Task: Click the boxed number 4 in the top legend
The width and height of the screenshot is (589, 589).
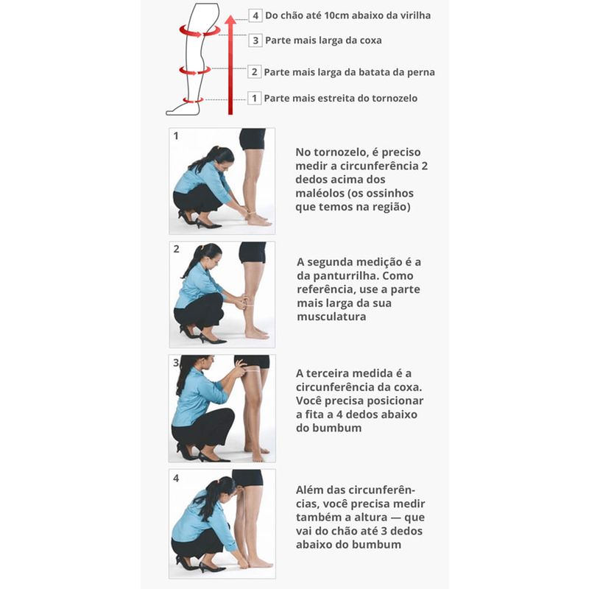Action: coord(255,15)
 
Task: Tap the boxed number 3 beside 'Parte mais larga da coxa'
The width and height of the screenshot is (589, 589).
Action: coord(255,40)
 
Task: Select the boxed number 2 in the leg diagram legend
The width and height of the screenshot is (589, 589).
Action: coord(254,71)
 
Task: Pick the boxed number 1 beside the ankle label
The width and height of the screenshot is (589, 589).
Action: coord(254,98)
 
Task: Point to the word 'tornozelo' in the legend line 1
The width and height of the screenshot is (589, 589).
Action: coord(395,99)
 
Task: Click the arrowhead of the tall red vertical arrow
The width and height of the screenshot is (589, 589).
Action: coord(230,20)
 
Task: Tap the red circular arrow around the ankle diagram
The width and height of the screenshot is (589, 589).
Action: coord(194,100)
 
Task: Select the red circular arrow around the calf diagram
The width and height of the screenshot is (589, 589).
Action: coord(194,70)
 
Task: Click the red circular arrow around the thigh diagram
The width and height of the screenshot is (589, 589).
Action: coord(199,31)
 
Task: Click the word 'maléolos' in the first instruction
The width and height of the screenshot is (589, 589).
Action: coord(320,193)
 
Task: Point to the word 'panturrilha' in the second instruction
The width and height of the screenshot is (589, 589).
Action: coord(343,276)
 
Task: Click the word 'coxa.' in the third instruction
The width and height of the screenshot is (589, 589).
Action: coord(408,387)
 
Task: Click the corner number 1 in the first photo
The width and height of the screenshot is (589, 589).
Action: coord(176,135)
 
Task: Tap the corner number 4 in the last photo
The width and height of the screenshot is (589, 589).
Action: coord(176,478)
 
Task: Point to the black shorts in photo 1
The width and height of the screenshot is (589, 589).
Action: coord(253,138)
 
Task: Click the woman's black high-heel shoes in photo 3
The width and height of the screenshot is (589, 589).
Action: coord(203,454)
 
